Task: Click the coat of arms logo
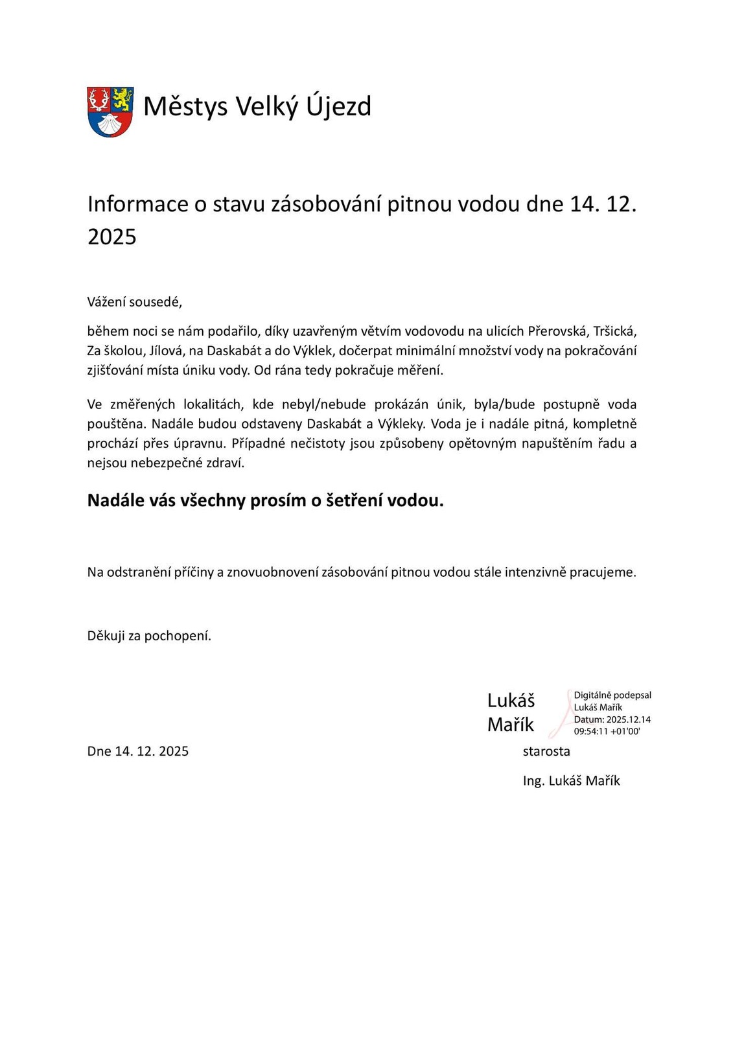pyautogui.click(x=110, y=111)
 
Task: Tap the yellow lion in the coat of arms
pyautogui.click(x=122, y=99)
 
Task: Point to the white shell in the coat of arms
pyautogui.click(x=110, y=124)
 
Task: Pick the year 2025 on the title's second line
pyautogui.click(x=112, y=237)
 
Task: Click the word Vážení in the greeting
pyautogui.click(x=106, y=302)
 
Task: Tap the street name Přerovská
pyautogui.click(x=557, y=331)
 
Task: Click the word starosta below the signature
pyautogui.click(x=546, y=751)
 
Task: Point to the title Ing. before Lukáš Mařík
pyautogui.click(x=533, y=781)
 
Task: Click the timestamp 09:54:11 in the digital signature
pyautogui.click(x=590, y=731)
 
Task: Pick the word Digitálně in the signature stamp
pyautogui.click(x=592, y=695)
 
